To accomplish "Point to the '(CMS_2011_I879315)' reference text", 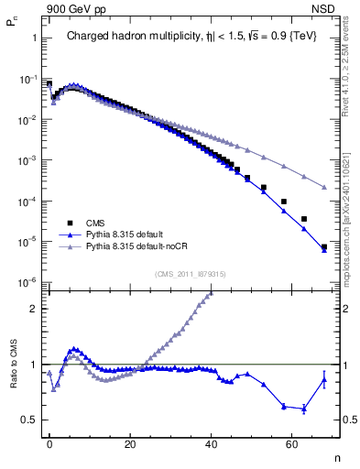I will pyautogui.click(x=191, y=273).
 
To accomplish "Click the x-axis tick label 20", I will pyautogui.click(x=130, y=444).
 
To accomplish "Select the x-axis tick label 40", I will pyautogui.click(x=212, y=444).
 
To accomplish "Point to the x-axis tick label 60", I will pyautogui.click(x=292, y=444).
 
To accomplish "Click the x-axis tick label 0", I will pyautogui.click(x=49, y=444).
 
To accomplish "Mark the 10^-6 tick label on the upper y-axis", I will pyautogui.click(x=28, y=282).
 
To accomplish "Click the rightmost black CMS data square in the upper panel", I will pyautogui.click(x=324, y=246).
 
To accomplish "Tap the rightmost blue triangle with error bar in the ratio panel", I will pyautogui.click(x=324, y=380).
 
